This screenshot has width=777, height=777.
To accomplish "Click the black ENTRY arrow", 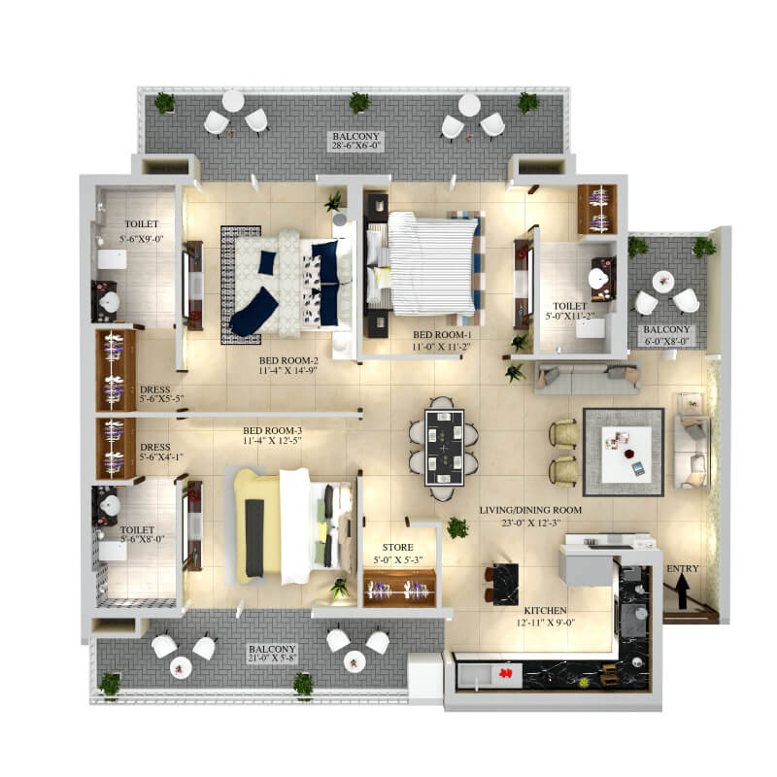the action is pyautogui.click(x=682, y=592).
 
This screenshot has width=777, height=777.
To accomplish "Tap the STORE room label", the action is pyautogui.click(x=397, y=547).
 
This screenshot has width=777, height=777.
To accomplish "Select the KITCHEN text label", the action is pyautogui.click(x=545, y=611).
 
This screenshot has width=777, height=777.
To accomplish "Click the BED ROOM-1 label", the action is pyautogui.click(x=442, y=334).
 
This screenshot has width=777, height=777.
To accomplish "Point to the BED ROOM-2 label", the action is pyautogui.click(x=288, y=360).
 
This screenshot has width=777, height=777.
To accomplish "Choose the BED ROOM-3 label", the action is pyautogui.click(x=272, y=430).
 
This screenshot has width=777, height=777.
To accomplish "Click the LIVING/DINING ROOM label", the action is pyautogui.click(x=530, y=509).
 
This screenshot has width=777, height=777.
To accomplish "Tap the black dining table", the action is pyautogui.click(x=444, y=447).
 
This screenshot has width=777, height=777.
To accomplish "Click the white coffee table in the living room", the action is pyautogui.click(x=626, y=455).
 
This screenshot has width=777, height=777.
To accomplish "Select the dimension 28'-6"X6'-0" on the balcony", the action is pyautogui.click(x=355, y=145).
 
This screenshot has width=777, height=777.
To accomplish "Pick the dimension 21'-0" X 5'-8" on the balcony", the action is pyautogui.click(x=272, y=659).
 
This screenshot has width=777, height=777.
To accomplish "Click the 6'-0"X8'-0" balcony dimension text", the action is pyautogui.click(x=666, y=341).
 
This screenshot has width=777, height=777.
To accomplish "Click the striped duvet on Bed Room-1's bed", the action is pyautogui.click(x=431, y=263).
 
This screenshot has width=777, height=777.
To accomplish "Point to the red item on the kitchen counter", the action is pyautogui.click(x=505, y=673).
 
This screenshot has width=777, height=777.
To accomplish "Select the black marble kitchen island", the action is pyautogui.click(x=505, y=585).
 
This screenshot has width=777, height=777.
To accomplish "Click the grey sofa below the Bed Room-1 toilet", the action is pyautogui.click(x=588, y=379).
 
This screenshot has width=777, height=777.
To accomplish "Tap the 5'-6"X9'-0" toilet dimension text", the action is pyautogui.click(x=141, y=238).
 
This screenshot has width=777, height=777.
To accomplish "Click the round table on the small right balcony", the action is pyautogui.click(x=663, y=282).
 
